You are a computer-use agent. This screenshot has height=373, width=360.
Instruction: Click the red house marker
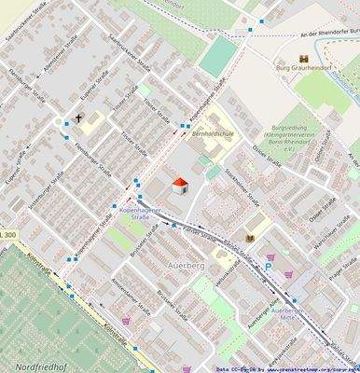point(179,186)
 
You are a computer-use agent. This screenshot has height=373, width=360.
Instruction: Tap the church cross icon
point(79,118)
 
